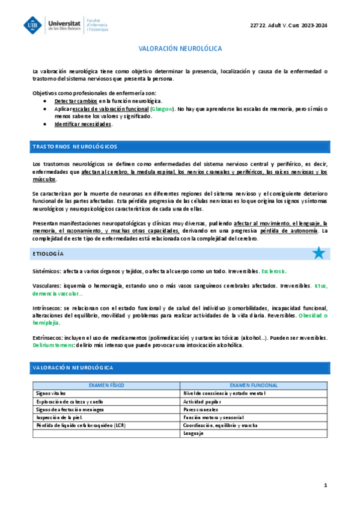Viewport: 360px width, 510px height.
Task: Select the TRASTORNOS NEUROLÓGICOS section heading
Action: [75, 147]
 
